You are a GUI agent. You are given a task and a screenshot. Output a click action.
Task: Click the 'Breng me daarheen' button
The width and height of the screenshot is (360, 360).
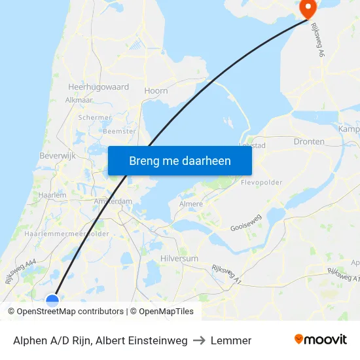coord(180,160)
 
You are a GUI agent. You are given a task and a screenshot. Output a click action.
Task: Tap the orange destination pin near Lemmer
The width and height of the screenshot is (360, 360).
coord(308,8)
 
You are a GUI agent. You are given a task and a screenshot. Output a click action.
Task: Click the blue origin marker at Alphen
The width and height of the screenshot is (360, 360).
coord(52,300)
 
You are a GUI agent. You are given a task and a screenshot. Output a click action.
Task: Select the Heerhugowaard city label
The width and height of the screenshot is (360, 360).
coord(98,86)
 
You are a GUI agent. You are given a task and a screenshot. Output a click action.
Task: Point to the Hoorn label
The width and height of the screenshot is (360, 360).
coord(156,91)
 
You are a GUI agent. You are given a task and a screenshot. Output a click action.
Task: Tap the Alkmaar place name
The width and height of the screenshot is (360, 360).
coord(79,100)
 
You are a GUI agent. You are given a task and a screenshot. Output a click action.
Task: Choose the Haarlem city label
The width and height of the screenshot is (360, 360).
coord(52,195)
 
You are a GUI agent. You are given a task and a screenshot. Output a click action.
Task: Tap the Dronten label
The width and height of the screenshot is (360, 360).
coord(309,141)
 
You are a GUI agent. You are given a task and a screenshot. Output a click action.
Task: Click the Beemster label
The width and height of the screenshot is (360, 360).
coord(120,131)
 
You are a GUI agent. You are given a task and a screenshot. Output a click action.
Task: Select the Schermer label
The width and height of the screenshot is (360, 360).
coord(95,118)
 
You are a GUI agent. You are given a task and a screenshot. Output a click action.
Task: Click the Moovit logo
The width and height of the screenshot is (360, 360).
coord(321,340)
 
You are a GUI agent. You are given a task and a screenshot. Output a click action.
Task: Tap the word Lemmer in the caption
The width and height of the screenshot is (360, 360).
coord(231,340)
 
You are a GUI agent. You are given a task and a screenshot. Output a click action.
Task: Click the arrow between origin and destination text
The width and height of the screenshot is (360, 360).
coord(199,340)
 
